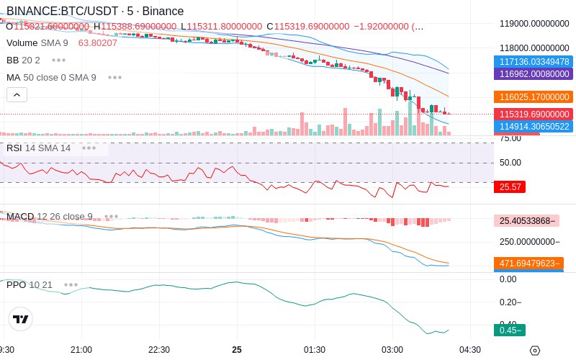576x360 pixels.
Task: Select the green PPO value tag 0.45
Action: coord(508,330)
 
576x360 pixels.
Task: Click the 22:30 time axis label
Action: coord(158,349)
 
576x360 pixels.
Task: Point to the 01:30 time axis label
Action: coord(314,349)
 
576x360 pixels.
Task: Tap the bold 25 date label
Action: coord(237,349)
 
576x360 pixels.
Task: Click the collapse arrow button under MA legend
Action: coord(17,94)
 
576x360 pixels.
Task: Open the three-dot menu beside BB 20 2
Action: coord(58,60)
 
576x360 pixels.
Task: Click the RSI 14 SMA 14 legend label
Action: coord(39,148)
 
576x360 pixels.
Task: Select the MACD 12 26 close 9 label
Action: coord(50,216)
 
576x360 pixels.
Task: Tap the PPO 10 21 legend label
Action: coord(30,284)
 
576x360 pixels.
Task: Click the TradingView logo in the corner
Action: coord(21,319)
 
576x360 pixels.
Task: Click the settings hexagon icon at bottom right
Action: coord(534,350)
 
